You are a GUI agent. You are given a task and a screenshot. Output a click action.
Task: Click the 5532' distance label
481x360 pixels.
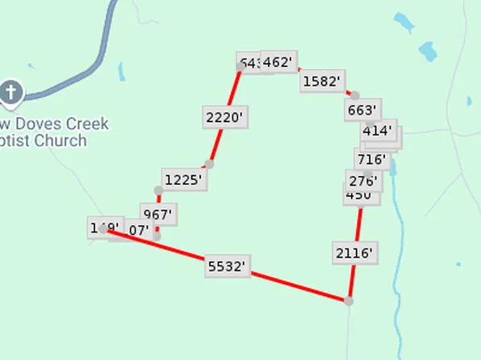point(226,266)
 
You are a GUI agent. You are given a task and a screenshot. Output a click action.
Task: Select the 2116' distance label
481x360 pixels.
point(353,253)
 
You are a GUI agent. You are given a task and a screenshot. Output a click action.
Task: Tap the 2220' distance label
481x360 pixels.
point(224,117)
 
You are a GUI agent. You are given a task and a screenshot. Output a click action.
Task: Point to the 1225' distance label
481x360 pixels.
point(182,179)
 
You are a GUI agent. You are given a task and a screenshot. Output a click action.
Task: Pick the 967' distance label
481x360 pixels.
point(158,215)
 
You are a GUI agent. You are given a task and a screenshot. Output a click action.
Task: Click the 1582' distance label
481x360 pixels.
point(323,81)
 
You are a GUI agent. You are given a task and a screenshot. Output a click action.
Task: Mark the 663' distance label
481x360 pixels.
point(362,110)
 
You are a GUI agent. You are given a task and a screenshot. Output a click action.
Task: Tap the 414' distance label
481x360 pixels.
point(378,130)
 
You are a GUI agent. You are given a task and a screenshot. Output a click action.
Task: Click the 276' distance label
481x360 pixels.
point(362,179)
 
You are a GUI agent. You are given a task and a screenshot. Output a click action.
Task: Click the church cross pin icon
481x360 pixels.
point(11,93)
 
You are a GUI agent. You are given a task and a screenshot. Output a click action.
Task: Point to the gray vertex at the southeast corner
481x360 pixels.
point(349,301)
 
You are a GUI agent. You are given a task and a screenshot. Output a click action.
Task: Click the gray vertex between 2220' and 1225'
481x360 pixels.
point(209,164)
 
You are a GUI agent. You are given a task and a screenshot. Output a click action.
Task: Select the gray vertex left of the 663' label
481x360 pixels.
point(354,95)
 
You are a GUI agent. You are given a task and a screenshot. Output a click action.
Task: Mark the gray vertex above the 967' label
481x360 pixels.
point(158,190)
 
